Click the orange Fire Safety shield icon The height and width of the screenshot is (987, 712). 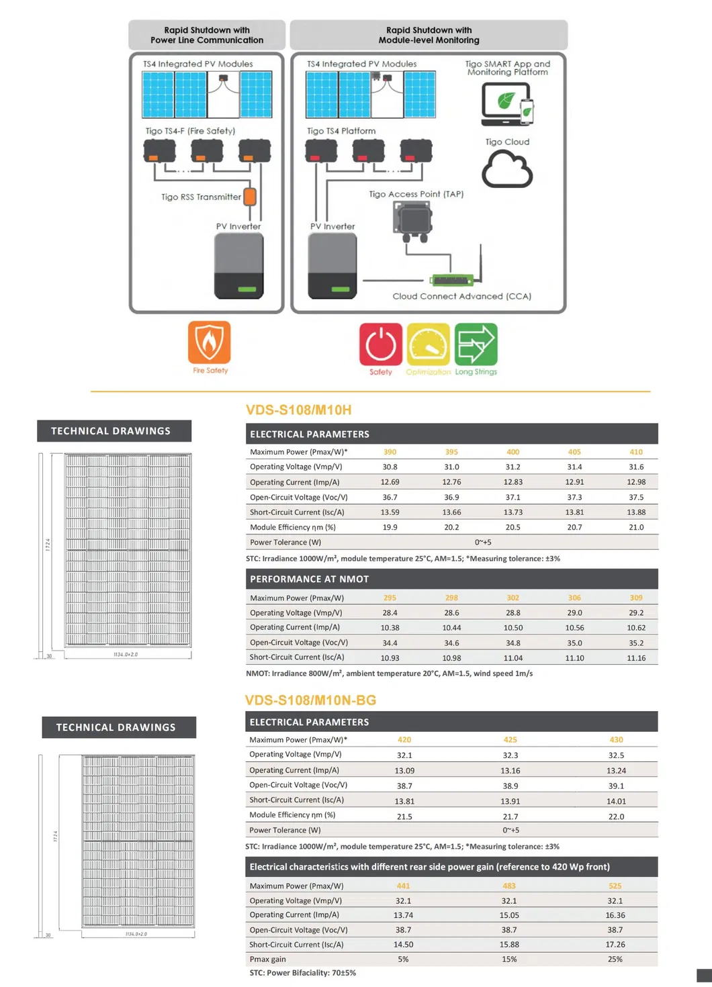[209, 342]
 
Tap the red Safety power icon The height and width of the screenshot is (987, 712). [380, 344]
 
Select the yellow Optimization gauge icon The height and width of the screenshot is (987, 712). [428, 344]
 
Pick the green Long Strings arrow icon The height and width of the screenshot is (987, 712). [476, 344]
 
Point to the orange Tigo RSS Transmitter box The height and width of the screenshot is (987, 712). [250, 197]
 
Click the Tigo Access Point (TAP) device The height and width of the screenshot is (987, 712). [412, 221]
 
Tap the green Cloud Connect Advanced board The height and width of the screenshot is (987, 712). [453, 279]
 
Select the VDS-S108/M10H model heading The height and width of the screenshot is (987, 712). [298, 410]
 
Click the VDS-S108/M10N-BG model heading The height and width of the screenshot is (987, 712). [310, 700]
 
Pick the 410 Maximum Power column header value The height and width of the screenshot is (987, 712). [635, 452]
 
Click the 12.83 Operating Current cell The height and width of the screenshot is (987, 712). [513, 482]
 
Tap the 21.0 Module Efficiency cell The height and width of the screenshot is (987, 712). [635, 527]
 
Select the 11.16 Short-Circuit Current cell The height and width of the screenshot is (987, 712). [635, 658]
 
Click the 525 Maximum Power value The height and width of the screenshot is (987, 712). [615, 886]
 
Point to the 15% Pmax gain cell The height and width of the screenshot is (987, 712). [509, 959]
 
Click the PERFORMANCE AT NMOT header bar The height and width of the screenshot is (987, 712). [451, 579]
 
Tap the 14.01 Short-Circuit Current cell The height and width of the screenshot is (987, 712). [616, 801]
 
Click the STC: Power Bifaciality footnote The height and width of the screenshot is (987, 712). [302, 973]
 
